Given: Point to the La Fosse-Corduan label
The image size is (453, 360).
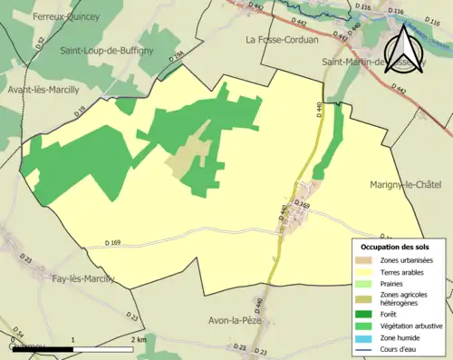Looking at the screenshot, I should point(280,39).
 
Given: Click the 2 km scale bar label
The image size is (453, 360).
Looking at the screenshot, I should point(138,339).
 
